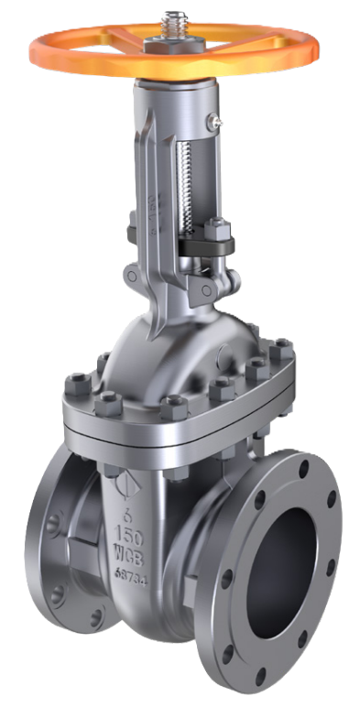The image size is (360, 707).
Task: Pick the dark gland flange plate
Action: tap(203, 245)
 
